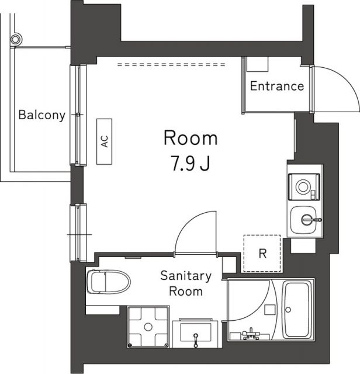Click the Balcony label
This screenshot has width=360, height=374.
click(41, 115)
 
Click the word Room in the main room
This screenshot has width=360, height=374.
click(190, 138)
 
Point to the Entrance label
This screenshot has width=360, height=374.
click(276, 86)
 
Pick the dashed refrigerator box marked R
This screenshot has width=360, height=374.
click(262, 253)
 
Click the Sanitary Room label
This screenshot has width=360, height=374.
click(186, 283)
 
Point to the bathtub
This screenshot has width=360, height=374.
click(297, 310)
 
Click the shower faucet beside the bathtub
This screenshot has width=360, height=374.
click(251, 334)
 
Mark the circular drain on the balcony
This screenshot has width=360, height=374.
click(16, 39)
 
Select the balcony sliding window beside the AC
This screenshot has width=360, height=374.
click(79, 115)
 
